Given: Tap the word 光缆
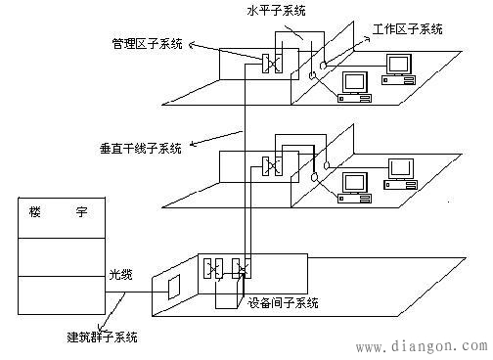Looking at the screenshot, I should click(119, 276).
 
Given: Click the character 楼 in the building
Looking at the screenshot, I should click(36, 213).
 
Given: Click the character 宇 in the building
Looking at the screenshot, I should click(81, 213).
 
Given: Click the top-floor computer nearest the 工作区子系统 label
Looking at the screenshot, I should click(398, 66).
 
